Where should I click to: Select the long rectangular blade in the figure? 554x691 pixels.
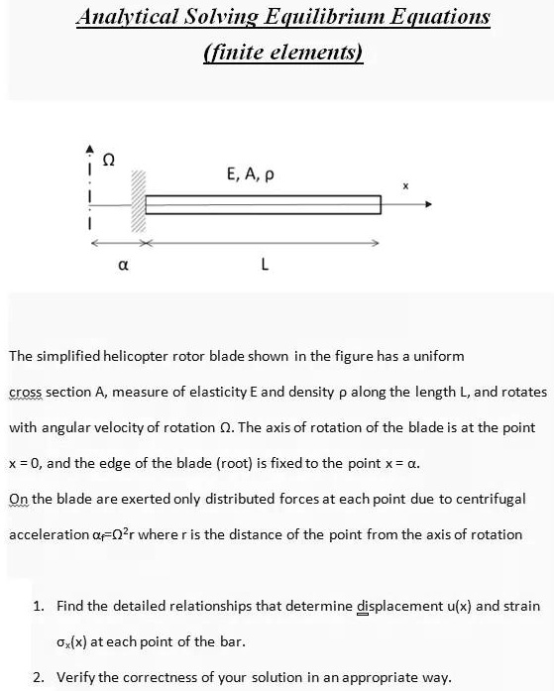pyautogui.click(x=264, y=205)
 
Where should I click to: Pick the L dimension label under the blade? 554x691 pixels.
pyautogui.click(x=264, y=265)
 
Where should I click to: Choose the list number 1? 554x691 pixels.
pyautogui.click(x=37, y=605)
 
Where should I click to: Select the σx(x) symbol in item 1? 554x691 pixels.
pyautogui.click(x=80, y=640)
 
